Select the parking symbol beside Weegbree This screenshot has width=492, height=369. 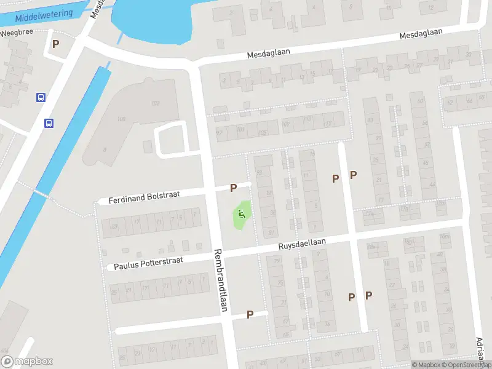pyautogui.click(x=56, y=44)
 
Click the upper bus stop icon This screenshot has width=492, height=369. pyautogui.click(x=41, y=97)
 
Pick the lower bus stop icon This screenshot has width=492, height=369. pyautogui.click(x=48, y=123)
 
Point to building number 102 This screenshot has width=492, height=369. pyautogui.click(x=155, y=103)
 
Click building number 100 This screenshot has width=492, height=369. pyautogui.click(x=121, y=119)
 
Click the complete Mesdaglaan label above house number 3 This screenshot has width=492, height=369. pyautogui.click(x=268, y=54)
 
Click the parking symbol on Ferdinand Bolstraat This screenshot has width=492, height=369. pyautogui.click(x=233, y=188)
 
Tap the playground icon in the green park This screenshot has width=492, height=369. pyautogui.click(x=241, y=215)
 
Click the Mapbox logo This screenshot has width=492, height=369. pyautogui.click(x=27, y=362)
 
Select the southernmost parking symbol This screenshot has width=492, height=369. pyautogui.click(x=250, y=314)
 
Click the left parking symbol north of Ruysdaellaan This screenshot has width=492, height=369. pyautogui.click(x=335, y=178)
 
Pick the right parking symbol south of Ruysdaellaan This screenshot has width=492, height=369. pyautogui.click(x=368, y=296)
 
